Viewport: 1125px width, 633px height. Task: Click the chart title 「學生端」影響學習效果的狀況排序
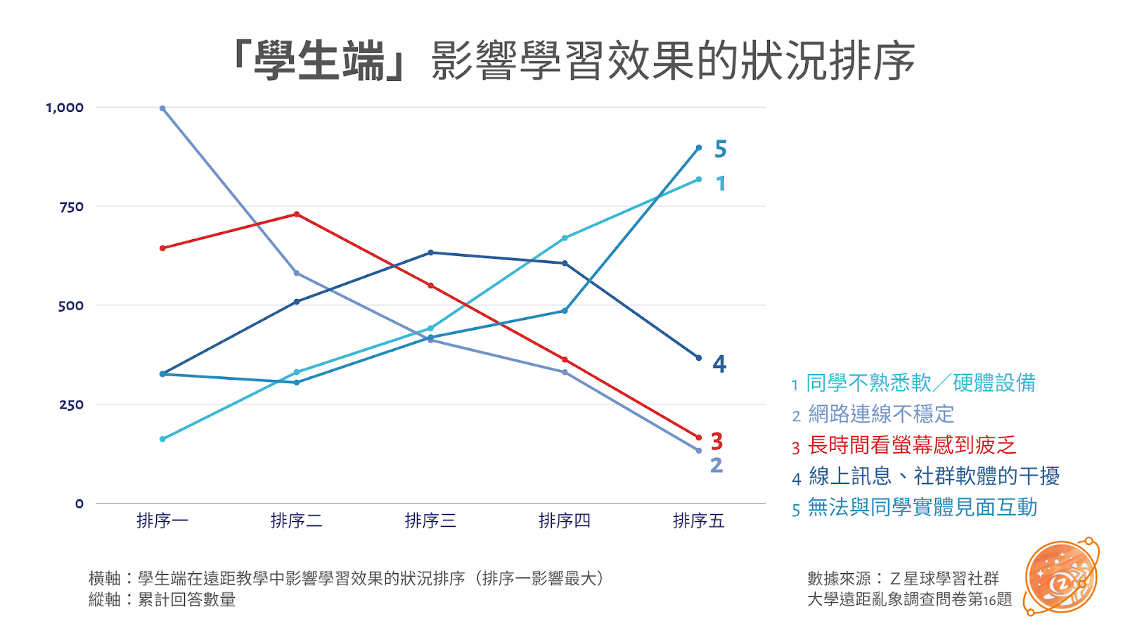click(573, 60)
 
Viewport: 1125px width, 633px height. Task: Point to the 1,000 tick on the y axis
click(65, 108)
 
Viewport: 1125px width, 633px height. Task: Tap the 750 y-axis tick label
click(71, 207)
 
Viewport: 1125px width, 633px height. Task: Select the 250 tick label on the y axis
click(71, 404)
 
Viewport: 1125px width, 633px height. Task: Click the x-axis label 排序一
click(162, 520)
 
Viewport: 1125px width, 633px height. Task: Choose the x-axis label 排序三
click(430, 520)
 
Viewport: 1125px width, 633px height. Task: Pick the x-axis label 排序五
click(698, 520)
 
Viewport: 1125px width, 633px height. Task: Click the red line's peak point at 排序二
click(297, 214)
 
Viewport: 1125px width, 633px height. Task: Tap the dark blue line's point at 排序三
click(430, 252)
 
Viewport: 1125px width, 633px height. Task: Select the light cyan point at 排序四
click(565, 238)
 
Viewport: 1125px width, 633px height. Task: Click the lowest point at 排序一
click(162, 439)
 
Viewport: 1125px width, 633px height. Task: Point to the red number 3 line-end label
click(716, 441)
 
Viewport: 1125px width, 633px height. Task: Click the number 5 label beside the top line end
click(720, 149)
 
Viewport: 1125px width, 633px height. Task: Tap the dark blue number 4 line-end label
click(719, 364)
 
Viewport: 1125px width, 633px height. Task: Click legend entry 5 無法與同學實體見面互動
click(914, 507)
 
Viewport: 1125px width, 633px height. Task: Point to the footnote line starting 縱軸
click(162, 600)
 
